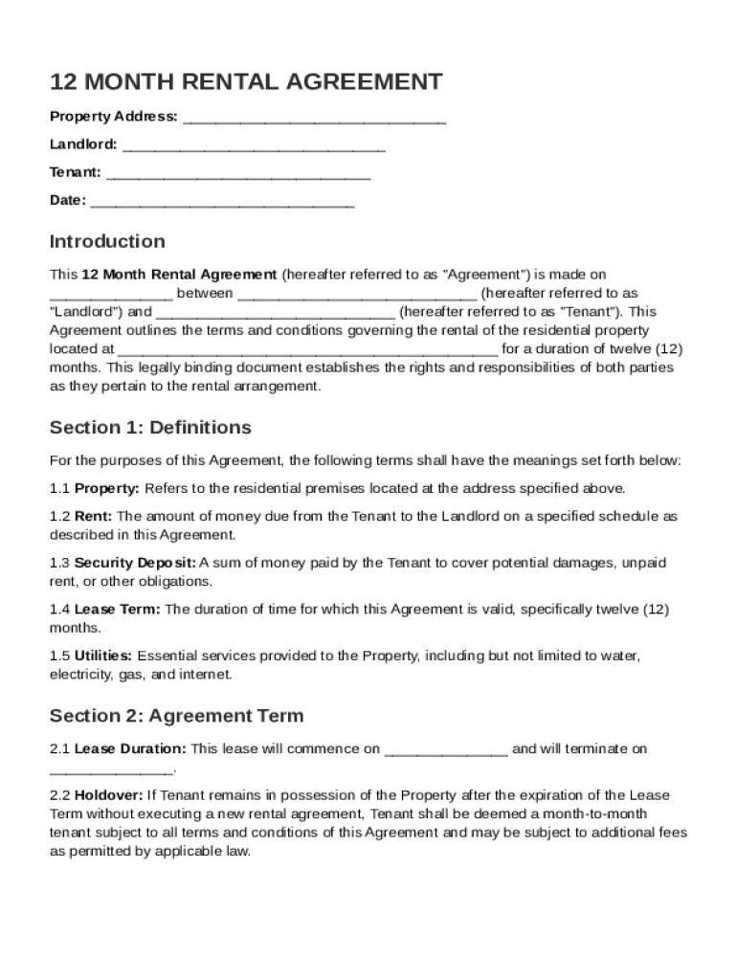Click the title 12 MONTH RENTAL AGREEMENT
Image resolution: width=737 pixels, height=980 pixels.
[x=246, y=82]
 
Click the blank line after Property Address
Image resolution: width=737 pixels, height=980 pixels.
[x=314, y=118]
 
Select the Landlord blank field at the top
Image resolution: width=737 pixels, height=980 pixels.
[x=254, y=145]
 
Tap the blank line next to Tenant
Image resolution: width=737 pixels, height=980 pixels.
[x=238, y=173]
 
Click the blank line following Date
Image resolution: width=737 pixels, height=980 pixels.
[x=222, y=201]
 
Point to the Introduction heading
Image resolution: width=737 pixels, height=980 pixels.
[x=107, y=241]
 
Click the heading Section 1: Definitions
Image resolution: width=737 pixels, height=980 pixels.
[x=150, y=427]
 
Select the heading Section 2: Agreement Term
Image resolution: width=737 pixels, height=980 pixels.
[x=176, y=715]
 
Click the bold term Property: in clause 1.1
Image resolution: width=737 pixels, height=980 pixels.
[x=107, y=488]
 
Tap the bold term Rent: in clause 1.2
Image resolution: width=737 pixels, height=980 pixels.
[x=94, y=516]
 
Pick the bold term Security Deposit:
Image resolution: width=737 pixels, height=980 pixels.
[x=135, y=563]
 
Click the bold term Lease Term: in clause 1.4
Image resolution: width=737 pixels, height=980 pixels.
[x=120, y=609]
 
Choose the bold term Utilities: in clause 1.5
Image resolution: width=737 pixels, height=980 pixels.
[x=103, y=656]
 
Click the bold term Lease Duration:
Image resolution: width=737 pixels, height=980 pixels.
[x=131, y=748]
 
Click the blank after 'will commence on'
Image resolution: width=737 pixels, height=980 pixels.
[x=446, y=749]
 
